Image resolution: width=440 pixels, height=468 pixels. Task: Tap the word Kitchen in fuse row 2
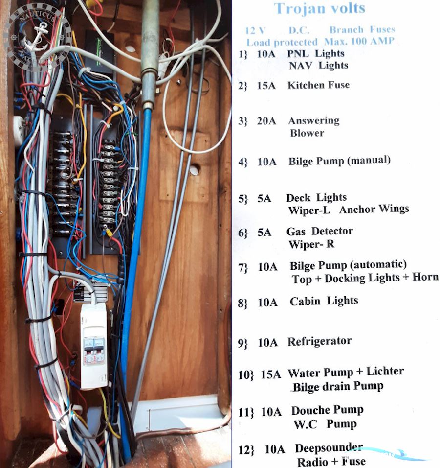tap(304, 85)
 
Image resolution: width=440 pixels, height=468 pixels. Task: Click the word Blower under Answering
tap(307, 133)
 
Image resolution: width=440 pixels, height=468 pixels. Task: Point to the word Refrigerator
tap(319, 342)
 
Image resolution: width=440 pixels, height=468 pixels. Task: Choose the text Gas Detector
tap(319, 231)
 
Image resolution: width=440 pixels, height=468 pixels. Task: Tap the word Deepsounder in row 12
tap(329, 448)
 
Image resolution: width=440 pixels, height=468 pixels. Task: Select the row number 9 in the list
tap(242, 343)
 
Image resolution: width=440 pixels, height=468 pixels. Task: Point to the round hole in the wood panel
tap(194, 169)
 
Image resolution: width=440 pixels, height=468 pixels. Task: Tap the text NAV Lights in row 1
tap(318, 66)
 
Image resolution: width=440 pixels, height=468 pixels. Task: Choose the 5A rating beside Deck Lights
tap(264, 199)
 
